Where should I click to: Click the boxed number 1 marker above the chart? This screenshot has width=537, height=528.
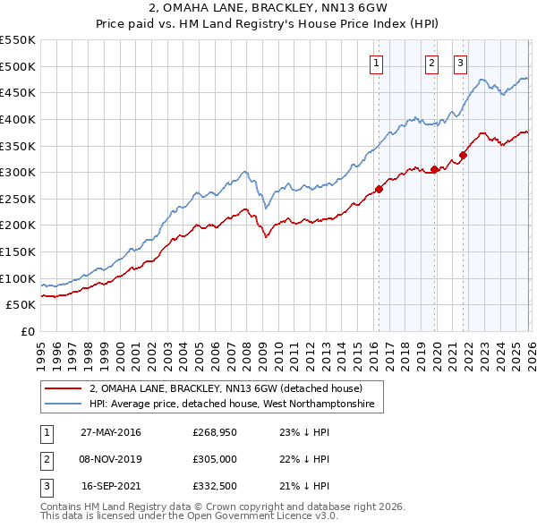point(376,63)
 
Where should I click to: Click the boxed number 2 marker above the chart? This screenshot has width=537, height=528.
point(431,63)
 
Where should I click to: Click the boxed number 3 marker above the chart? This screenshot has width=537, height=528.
point(460,63)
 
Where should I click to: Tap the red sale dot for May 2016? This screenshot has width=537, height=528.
point(379,189)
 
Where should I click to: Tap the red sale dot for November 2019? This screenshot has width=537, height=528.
point(434,169)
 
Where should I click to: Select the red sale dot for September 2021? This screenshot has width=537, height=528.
point(464,155)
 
